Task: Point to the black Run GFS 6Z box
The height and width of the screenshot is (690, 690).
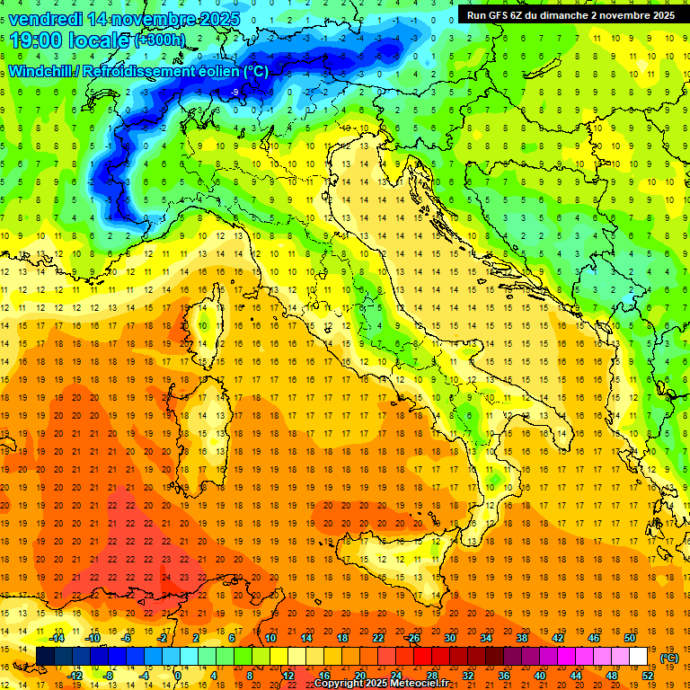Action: tap(571, 15)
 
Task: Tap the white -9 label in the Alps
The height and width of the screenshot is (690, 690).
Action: tap(234, 92)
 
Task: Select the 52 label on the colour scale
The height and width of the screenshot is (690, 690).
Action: tap(648, 675)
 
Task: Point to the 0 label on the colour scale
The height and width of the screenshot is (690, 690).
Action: tap(178, 675)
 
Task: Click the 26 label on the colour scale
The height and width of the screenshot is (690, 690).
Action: tap(413, 638)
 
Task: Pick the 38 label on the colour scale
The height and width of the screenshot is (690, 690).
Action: tap(521, 638)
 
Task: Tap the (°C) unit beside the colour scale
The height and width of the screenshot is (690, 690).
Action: tap(669, 658)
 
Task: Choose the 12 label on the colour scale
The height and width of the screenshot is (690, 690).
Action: tap(288, 675)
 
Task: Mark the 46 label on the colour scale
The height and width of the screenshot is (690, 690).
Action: tap(593, 638)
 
